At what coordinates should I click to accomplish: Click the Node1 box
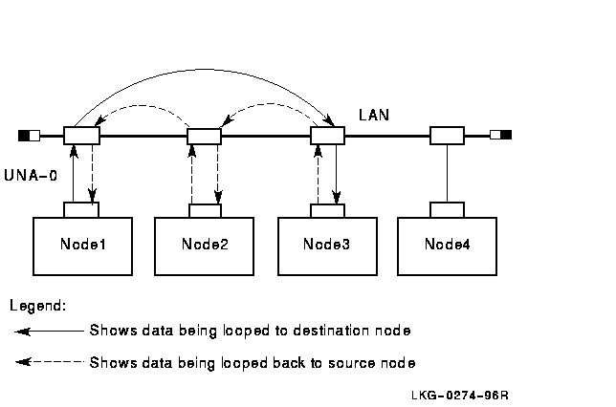(82, 244)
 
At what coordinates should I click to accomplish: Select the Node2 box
(205, 244)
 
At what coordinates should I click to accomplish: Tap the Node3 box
(327, 244)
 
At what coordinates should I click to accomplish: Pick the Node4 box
(447, 244)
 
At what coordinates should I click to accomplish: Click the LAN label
(373, 115)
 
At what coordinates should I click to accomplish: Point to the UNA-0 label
(28, 175)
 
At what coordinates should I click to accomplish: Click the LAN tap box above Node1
(81, 135)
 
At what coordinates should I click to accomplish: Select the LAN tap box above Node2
(204, 136)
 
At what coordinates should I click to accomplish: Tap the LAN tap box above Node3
(327, 135)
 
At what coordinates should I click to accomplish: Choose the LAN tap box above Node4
(447, 135)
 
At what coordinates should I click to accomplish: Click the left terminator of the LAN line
(29, 135)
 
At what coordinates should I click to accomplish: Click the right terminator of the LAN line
(500, 135)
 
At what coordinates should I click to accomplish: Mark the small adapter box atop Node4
(447, 209)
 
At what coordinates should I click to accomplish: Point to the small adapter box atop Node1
(81, 209)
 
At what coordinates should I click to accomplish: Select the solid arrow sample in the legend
(49, 332)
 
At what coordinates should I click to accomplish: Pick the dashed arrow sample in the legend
(49, 362)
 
